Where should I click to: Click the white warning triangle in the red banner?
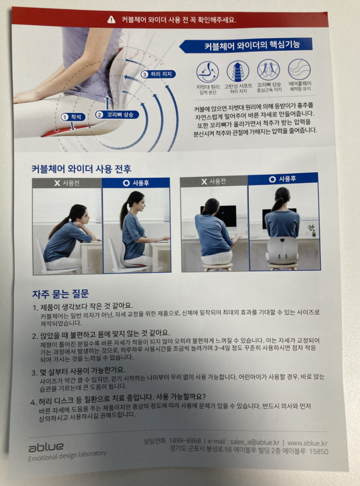point(111,20)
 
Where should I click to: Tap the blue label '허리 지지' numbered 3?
point(158,74)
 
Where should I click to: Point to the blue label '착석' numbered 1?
point(73,117)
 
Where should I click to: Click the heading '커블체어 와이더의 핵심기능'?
point(252,45)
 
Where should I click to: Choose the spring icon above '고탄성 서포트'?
point(238,71)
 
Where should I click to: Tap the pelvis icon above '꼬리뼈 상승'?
point(268,70)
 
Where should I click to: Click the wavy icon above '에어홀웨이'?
point(299,69)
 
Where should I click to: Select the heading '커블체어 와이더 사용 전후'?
point(81,169)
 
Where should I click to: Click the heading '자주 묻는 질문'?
point(61,294)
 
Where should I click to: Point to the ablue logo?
point(46,447)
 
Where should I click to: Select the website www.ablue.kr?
point(307,443)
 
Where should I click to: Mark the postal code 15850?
point(319,451)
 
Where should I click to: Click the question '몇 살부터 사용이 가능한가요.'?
point(79,371)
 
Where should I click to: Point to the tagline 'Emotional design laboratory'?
point(67,455)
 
